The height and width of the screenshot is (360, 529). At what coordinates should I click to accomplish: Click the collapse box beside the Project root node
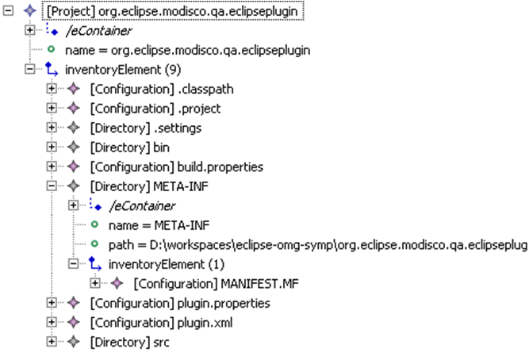click(x=9, y=12)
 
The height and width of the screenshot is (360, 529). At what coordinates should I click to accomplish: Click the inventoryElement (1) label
click(x=150, y=264)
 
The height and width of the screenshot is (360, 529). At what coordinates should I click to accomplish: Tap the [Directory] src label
click(x=119, y=342)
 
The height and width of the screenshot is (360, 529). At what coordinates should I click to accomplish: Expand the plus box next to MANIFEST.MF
click(x=95, y=283)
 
